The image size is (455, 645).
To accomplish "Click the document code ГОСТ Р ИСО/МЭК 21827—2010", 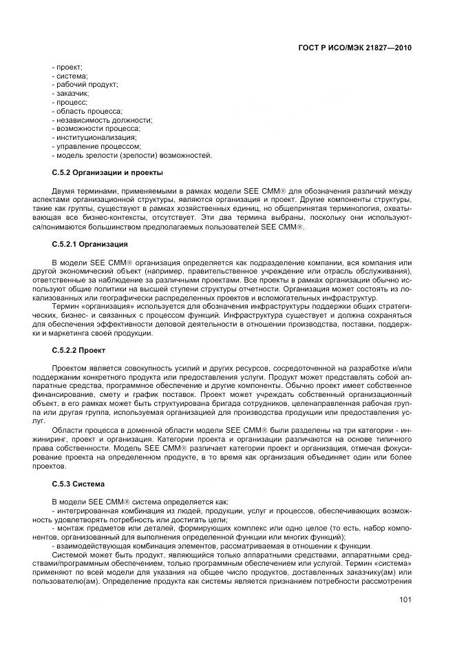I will [359, 49].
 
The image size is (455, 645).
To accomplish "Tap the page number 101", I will [405, 600].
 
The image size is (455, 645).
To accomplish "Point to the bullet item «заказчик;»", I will [70, 92].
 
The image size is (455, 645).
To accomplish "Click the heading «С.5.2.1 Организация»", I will [89, 245].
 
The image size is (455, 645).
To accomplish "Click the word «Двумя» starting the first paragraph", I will [63, 190].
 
